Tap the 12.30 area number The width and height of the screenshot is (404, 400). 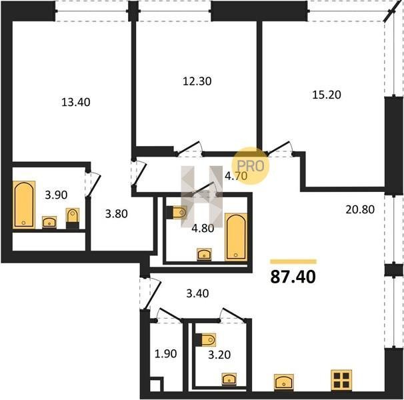click(x=197, y=81)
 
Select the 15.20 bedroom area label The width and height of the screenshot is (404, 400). click(x=327, y=95)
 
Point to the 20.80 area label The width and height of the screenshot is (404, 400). click(x=360, y=209)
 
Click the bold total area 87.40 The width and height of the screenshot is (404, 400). click(x=293, y=277)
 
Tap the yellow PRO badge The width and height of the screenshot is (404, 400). click(x=251, y=166)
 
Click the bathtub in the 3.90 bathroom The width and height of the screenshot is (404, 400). click(x=24, y=205)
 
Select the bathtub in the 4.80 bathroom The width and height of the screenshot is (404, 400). click(x=236, y=237)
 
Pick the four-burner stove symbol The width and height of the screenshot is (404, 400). click(x=341, y=380)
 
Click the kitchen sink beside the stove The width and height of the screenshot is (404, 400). click(x=284, y=382)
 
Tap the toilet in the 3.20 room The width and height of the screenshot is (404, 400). click(x=205, y=340)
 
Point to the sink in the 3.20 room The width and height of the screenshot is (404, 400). click(x=229, y=379)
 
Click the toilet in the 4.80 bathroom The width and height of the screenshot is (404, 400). click(x=177, y=213)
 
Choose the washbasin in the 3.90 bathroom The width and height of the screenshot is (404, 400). click(x=49, y=222)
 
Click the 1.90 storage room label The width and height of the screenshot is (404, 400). click(x=165, y=353)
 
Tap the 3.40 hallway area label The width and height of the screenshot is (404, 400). click(x=197, y=293)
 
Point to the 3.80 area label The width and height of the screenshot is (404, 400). click(x=116, y=214)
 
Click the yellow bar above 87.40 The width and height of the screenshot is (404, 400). click(x=293, y=262)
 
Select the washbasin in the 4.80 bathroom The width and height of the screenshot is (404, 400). click(x=204, y=255)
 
